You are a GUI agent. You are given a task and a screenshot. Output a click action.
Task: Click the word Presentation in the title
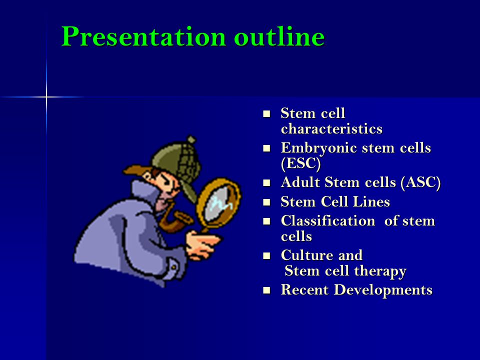pyautogui.click(x=143, y=36)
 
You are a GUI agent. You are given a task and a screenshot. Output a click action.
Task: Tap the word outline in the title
pyautogui.click(x=279, y=36)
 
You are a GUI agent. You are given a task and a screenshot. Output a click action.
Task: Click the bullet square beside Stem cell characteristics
pyautogui.click(x=266, y=114)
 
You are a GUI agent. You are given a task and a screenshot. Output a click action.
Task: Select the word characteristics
pyautogui.click(x=331, y=128)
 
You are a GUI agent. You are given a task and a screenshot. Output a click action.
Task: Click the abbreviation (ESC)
pyautogui.click(x=300, y=163)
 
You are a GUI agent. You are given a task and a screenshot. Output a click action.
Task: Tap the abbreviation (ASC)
pyautogui.click(x=420, y=183)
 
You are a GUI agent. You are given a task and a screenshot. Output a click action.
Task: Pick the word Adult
pyautogui.click(x=300, y=182)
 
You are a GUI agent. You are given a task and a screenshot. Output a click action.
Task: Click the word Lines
pyautogui.click(x=371, y=201)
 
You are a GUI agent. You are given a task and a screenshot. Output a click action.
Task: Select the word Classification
pyautogui.click(x=328, y=220)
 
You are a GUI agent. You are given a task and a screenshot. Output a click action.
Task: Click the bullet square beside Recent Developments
pyautogui.click(x=266, y=290)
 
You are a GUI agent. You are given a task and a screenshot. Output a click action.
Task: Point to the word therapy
pyautogui.click(x=380, y=271)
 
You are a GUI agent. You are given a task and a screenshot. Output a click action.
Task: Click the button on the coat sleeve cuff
pyautogui.click(x=173, y=267)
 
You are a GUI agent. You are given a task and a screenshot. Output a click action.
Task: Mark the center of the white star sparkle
pyautogui.click(x=46, y=97)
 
